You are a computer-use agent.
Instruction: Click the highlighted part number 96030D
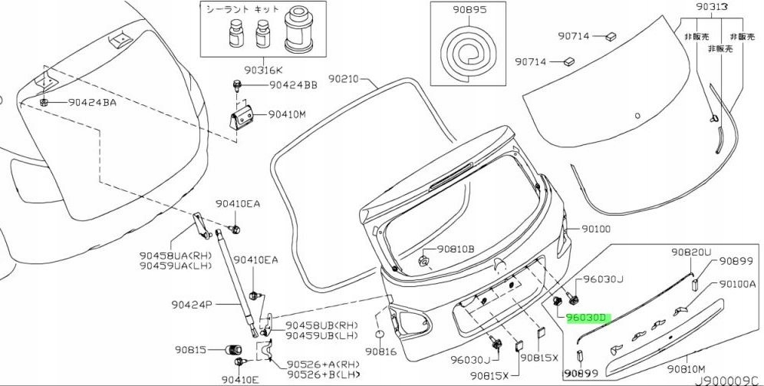[587, 317]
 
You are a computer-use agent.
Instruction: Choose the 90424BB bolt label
[293, 86]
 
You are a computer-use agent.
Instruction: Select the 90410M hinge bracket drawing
[245, 117]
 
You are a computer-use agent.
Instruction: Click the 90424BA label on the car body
[92, 102]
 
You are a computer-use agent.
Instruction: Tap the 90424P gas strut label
[191, 305]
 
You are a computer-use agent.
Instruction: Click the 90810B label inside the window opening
[456, 249]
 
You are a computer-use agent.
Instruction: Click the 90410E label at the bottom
[240, 379]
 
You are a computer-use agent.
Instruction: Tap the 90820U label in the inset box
[691, 252]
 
